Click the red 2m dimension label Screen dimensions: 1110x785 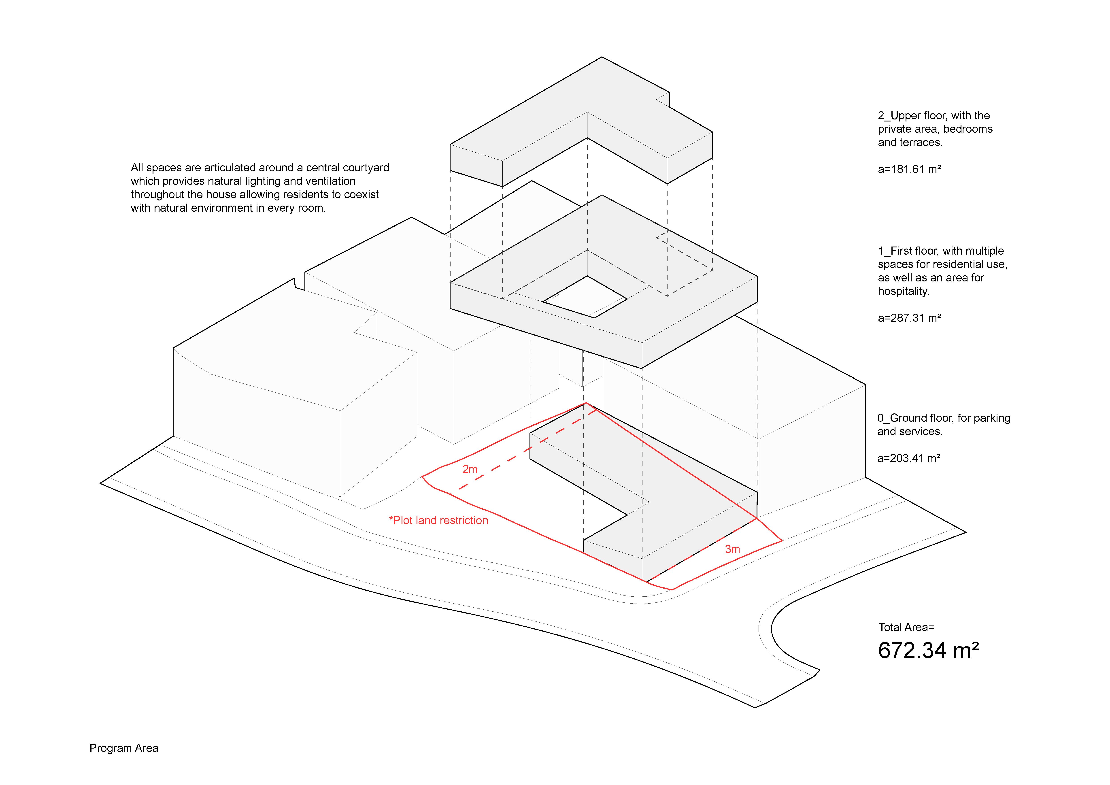pos(469,469)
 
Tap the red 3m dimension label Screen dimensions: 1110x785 pos(732,549)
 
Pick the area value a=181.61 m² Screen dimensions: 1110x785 pos(909,169)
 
